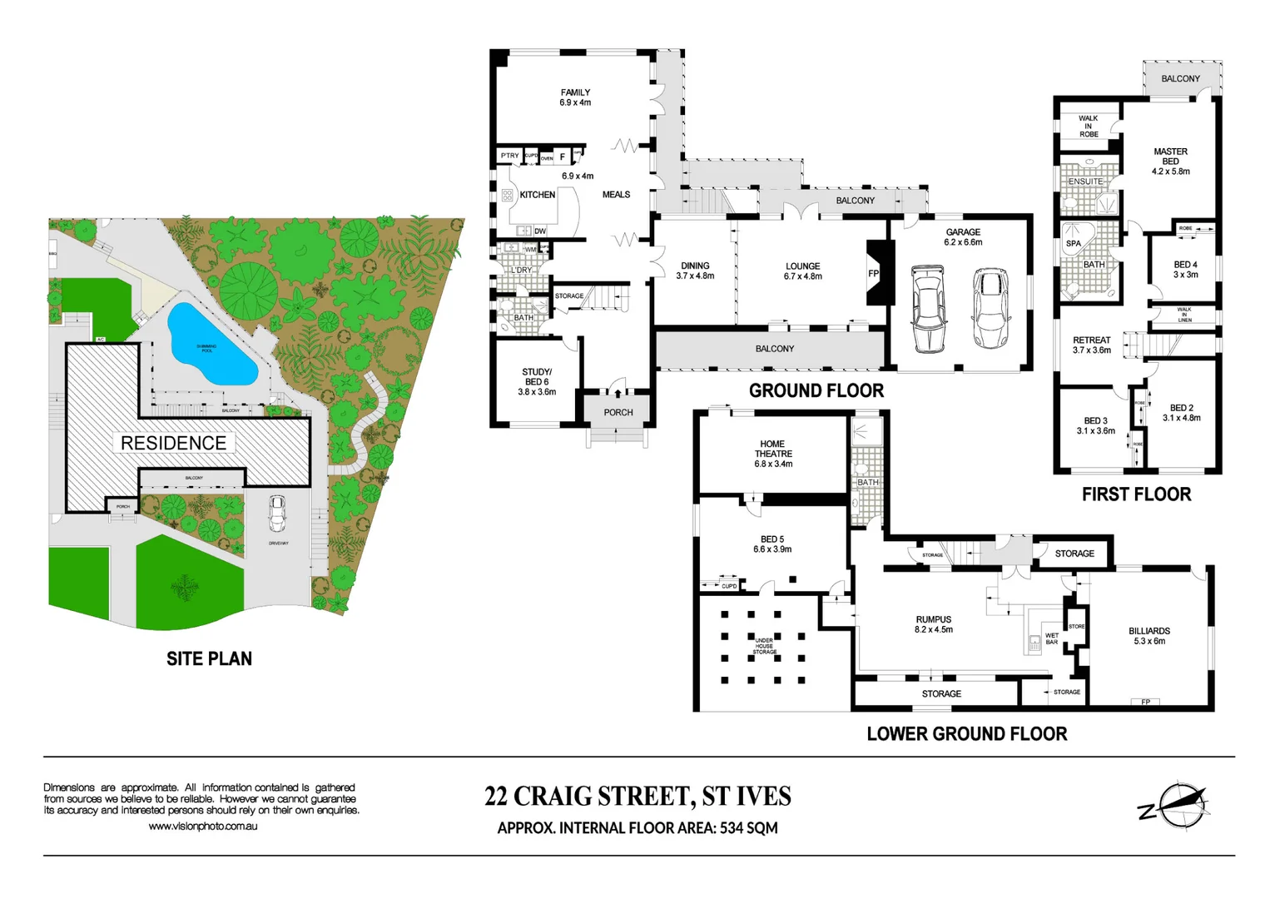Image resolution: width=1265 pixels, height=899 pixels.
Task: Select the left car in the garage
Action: pos(928,309)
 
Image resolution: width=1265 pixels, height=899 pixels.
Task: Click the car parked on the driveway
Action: pos(277,514)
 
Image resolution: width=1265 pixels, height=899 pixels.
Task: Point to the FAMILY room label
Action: pos(575,97)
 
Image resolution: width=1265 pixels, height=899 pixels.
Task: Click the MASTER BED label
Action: pos(1170,161)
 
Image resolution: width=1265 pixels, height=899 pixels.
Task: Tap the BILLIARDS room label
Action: pos(1148,636)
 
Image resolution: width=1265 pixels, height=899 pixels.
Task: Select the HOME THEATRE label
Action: pos(772,454)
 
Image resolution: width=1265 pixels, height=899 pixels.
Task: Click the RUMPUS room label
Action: pos(933,624)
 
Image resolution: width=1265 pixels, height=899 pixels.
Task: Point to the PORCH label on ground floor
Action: pos(618,413)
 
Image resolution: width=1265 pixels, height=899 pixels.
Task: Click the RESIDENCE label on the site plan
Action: pos(173,443)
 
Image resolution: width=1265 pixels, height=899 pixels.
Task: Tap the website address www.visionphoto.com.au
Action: pos(203,827)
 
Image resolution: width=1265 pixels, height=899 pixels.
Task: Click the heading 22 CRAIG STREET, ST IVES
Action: pos(637,797)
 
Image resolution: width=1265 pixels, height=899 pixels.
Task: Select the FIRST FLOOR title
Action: pos(1136,494)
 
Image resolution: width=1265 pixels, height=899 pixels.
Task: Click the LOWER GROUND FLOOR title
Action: pos(966,734)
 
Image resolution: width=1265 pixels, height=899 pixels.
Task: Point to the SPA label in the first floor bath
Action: pos(1074,244)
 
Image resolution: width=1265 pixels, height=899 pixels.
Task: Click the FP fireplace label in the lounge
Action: pos(873,273)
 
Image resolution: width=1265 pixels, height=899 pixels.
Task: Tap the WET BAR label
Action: pos(1052,638)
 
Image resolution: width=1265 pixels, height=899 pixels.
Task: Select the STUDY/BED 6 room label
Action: pos(537,381)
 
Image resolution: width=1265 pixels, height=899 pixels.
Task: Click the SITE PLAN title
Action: pos(209,658)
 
